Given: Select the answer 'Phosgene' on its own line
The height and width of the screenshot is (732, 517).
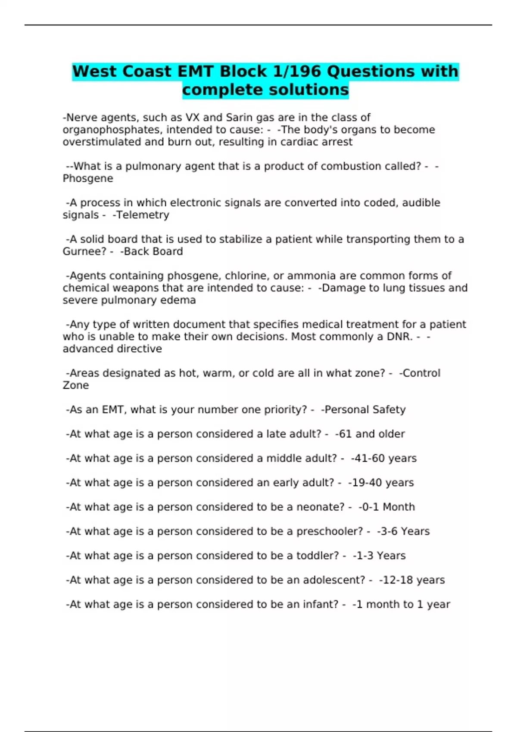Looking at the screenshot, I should (88, 179).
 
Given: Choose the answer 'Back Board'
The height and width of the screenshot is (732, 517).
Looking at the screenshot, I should (153, 251).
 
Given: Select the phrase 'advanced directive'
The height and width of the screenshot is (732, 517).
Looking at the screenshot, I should (112, 349).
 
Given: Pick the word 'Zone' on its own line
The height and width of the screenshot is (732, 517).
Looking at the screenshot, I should (76, 385).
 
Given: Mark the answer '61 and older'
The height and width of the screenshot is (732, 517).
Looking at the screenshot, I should (371, 434).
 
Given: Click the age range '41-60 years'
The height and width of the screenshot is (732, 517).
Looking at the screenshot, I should (385, 458).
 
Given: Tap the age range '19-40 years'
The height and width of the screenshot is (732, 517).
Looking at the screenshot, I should (382, 483).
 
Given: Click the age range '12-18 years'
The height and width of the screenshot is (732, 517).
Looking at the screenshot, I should (413, 580).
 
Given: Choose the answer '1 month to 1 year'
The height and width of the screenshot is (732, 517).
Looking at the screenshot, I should (402, 605).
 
